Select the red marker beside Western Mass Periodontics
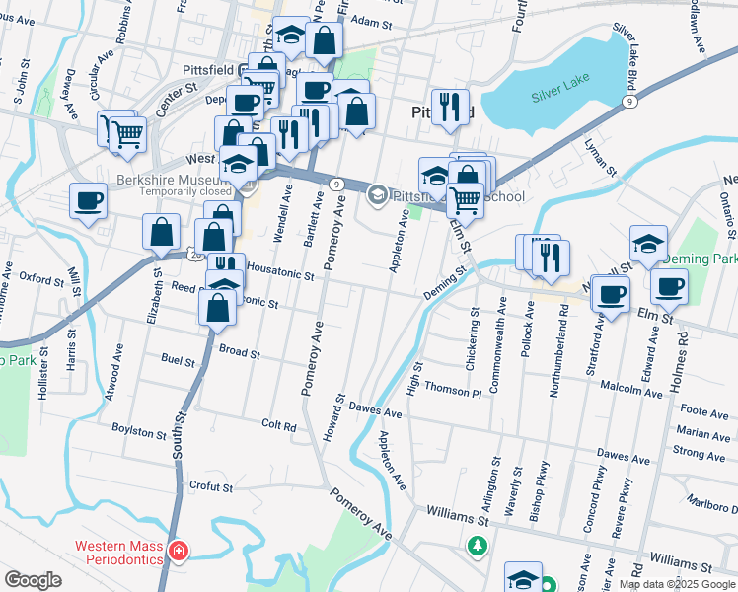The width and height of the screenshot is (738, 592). coord(179,550)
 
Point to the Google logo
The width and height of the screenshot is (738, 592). coord(33,580)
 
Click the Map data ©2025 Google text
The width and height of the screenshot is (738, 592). coord(678,584)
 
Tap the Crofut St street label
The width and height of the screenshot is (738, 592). coord(211,486)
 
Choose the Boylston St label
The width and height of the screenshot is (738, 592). coord(138,432)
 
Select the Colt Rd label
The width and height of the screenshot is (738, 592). coord(279,425)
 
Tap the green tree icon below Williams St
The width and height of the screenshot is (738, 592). coord(478,545)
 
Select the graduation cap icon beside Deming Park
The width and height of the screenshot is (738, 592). coord(648,242)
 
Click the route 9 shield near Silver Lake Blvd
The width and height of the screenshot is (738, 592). coord(627,101)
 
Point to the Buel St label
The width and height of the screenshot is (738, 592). coord(179,362)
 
